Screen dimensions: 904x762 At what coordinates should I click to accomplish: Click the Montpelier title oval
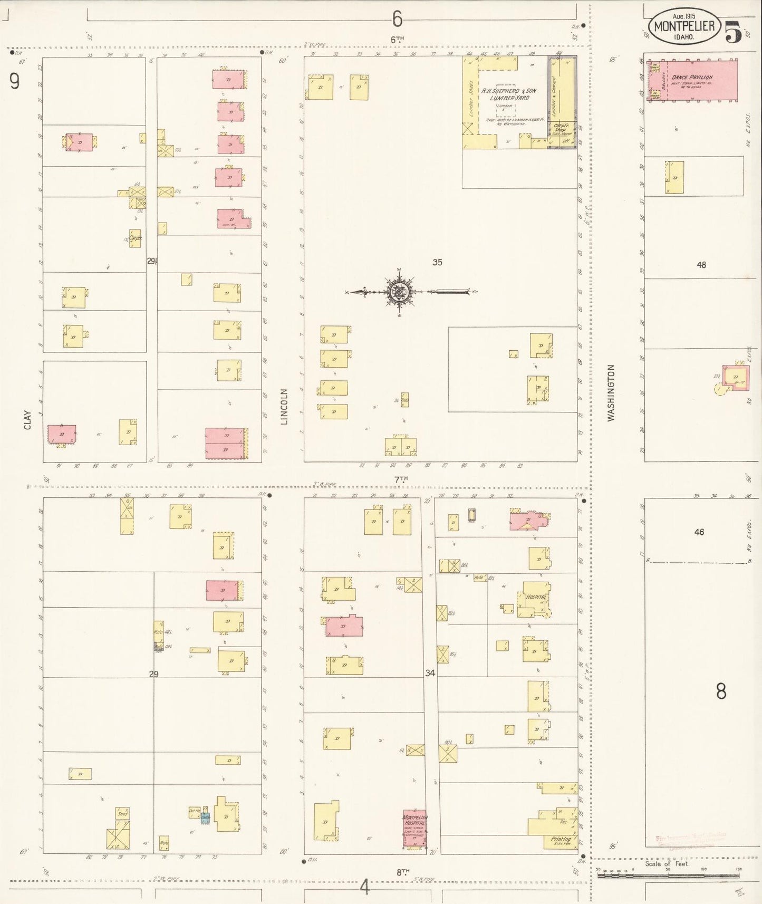point(684,26)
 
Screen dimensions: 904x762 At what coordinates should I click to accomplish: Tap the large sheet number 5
point(732,32)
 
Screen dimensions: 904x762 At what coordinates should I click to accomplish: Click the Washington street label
point(611,392)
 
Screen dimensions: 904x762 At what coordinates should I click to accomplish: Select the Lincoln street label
point(284,407)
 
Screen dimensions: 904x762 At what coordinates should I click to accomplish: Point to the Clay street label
point(27,419)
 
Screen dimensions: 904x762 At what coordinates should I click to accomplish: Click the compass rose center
point(398,291)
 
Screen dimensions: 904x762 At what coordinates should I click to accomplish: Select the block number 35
point(437,262)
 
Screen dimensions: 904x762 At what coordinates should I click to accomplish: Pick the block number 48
point(701,265)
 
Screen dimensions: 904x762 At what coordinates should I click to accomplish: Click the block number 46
point(699,532)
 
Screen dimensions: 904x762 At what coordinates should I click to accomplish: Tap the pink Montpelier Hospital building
point(414,829)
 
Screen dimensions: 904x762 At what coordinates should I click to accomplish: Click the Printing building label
point(561,839)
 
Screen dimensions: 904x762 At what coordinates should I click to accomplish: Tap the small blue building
point(205,818)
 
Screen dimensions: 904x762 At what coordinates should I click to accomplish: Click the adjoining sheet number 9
point(14,81)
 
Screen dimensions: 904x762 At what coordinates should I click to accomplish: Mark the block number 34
point(430,673)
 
